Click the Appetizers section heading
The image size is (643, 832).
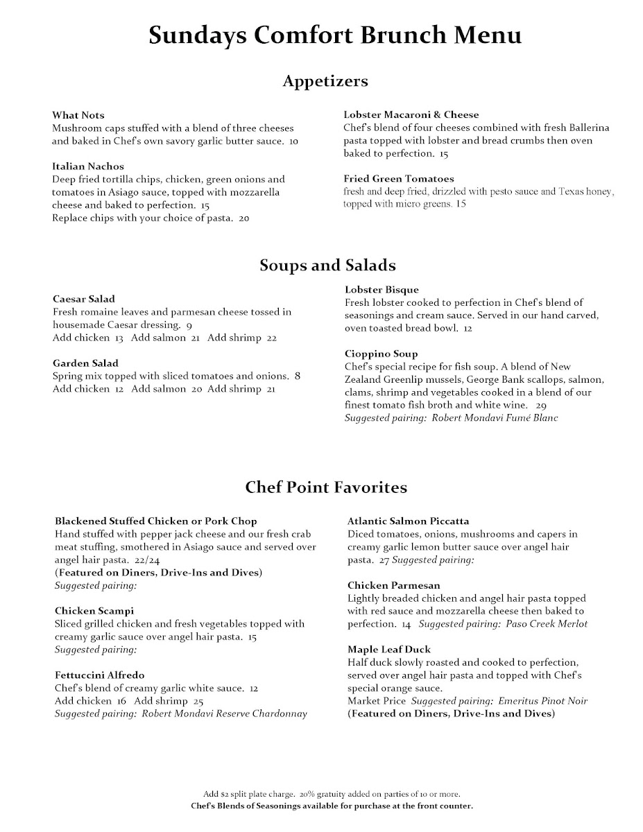click(325, 81)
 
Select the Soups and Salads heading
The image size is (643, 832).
click(327, 265)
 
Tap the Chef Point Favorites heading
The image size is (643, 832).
click(326, 487)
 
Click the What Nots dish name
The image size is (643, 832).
click(78, 115)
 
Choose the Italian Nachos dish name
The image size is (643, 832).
click(88, 166)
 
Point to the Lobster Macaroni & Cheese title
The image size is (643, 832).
click(411, 114)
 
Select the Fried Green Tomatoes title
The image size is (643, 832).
click(399, 179)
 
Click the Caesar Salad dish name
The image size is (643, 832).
click(84, 299)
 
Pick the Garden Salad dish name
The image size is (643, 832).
click(85, 363)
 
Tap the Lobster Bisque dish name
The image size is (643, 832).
click(381, 289)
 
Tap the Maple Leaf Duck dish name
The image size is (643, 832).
click(389, 649)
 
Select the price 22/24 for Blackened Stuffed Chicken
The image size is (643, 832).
click(145, 560)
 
